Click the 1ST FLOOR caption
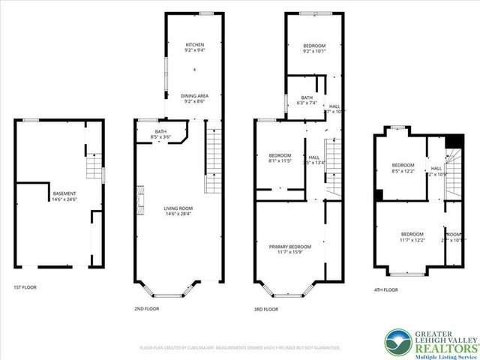(25, 287)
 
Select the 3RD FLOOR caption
(266, 308)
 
